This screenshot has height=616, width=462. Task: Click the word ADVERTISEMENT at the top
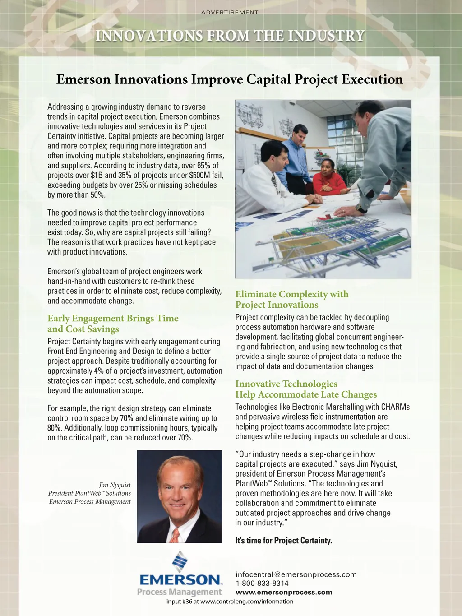tap(230, 12)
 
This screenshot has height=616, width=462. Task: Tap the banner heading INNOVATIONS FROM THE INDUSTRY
tap(230, 36)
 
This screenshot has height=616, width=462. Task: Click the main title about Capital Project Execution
tap(229, 79)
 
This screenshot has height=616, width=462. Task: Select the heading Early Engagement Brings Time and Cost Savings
tap(113, 324)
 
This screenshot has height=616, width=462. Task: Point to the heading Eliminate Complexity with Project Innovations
tap(291, 300)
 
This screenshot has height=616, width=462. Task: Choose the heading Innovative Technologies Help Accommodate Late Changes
tap(305, 389)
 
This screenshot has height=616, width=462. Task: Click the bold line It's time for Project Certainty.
tap(283, 541)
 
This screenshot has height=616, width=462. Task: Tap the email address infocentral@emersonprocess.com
tap(296, 574)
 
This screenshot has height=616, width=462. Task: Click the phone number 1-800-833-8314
tap(262, 583)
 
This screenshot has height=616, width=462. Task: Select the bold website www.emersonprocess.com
tap(284, 592)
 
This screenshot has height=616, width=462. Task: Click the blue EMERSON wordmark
tap(180, 580)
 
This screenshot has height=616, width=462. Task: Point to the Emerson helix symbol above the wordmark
tap(180, 561)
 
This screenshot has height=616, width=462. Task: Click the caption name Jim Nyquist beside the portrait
tap(115, 485)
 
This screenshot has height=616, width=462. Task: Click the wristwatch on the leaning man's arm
tap(361, 208)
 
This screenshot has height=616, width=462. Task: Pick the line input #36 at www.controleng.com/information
tap(230, 602)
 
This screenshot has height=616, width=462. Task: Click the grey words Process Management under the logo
tap(180, 592)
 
